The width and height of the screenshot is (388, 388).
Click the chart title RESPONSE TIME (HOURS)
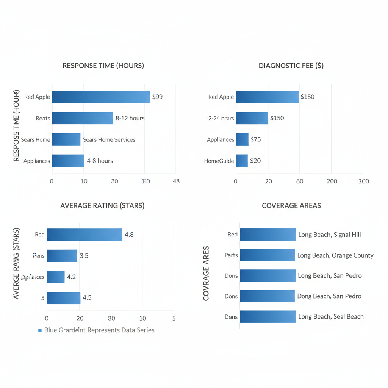coord(103,66)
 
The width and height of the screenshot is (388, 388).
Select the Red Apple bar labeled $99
coord(101,97)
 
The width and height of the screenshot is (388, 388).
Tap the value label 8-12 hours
coord(130,118)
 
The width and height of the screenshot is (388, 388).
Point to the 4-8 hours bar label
coord(100,161)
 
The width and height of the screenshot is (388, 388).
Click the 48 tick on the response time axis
coord(176,181)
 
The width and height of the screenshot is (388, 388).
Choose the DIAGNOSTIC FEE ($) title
coord(291,66)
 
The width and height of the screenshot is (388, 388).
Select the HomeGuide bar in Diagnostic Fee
coord(242,161)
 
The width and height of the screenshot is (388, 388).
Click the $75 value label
coord(255,139)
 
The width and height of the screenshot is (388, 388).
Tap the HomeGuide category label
coord(219,161)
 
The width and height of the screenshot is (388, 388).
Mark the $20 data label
coord(255,161)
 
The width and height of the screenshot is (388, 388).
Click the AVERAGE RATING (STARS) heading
coord(102,206)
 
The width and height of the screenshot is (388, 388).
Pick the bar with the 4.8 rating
coord(84,235)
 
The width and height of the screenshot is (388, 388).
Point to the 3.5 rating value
coord(84,256)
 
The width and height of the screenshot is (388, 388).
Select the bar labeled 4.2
coord(55,277)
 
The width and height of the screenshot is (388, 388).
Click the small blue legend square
coord(40,330)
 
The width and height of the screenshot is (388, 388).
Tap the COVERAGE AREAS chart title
coord(291,206)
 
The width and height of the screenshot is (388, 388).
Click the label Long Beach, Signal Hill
coord(330,235)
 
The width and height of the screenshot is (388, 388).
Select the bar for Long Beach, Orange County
coord(267,255)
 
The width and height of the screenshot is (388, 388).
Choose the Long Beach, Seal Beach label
coord(331,316)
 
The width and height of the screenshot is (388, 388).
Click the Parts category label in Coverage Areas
coord(231,255)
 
